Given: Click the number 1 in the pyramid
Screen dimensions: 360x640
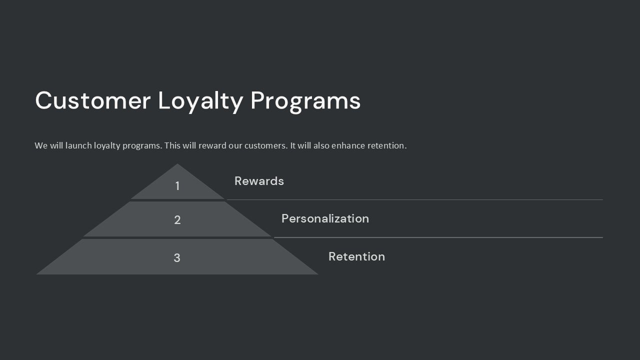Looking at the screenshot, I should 177,186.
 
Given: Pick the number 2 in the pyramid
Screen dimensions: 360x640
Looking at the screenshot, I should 177,220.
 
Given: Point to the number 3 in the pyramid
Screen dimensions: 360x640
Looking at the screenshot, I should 177,258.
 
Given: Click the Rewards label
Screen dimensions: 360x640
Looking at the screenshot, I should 259,181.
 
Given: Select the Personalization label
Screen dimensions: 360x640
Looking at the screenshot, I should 325,218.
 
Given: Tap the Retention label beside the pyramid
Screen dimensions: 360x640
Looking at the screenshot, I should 356,256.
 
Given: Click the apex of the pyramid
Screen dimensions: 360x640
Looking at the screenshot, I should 177,165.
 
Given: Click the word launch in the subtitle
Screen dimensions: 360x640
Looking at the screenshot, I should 78,145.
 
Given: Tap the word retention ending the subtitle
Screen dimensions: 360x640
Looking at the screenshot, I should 386,145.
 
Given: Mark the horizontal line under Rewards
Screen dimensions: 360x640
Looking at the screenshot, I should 415,199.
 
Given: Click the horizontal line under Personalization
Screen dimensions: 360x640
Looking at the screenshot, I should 438,237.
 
